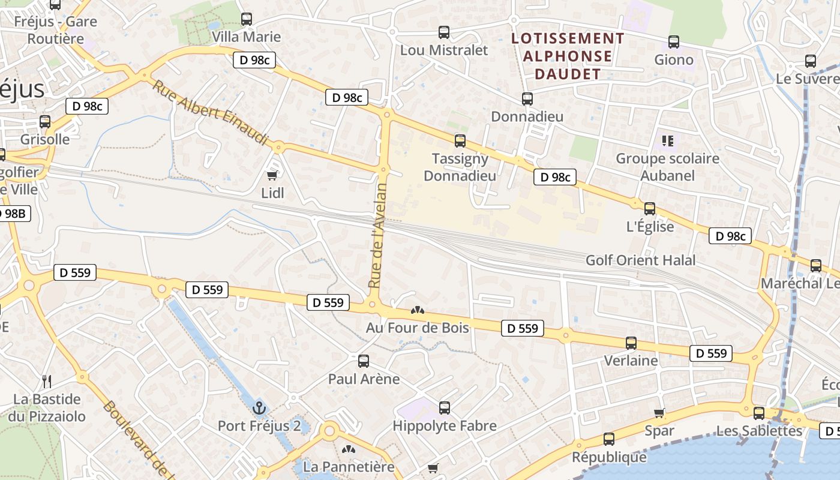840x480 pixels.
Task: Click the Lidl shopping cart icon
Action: [272, 175]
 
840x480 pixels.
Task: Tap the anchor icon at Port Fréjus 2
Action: [259, 408]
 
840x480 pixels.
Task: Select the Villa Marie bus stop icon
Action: [247, 19]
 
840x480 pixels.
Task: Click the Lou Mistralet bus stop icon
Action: [444, 32]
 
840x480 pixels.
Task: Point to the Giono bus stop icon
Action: [674, 42]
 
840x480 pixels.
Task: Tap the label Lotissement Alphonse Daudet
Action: [568, 56]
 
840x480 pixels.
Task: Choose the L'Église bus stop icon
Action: [650, 209]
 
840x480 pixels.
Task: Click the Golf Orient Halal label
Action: [640, 260]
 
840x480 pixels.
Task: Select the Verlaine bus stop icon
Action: [631, 343]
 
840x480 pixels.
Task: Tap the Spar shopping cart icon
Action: [659, 413]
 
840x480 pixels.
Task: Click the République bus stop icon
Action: [609, 439]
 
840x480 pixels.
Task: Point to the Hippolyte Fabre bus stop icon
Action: [445, 408]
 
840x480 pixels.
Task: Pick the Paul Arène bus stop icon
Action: [364, 361]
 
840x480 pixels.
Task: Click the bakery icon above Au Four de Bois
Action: [418, 311]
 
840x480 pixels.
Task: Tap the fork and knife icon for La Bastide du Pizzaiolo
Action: [47, 381]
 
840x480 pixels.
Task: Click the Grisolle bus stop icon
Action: [45, 122]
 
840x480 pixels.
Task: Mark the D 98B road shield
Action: [13, 214]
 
